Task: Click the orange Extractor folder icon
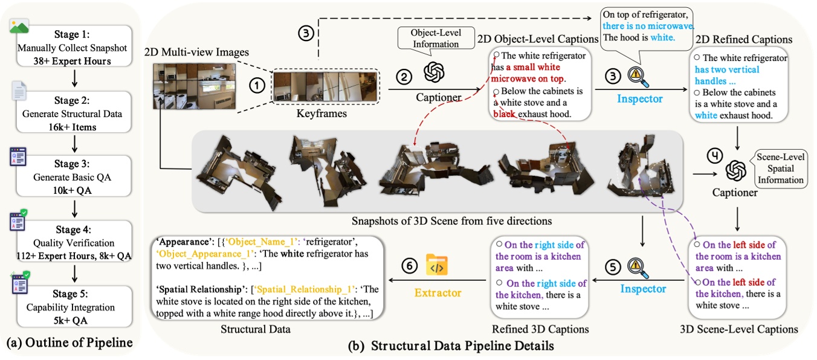pos(437,265)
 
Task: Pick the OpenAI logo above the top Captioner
pos(434,73)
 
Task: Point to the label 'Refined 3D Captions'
pos(540,329)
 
